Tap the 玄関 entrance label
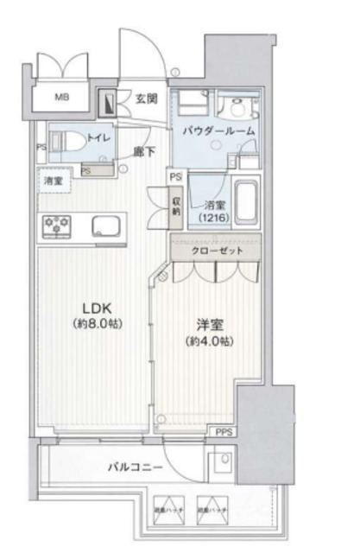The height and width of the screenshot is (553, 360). click(147, 99)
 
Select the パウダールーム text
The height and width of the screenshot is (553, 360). click(218, 130)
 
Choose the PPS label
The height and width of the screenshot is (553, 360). click(223, 432)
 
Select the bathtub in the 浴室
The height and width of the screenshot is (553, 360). click(246, 204)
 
